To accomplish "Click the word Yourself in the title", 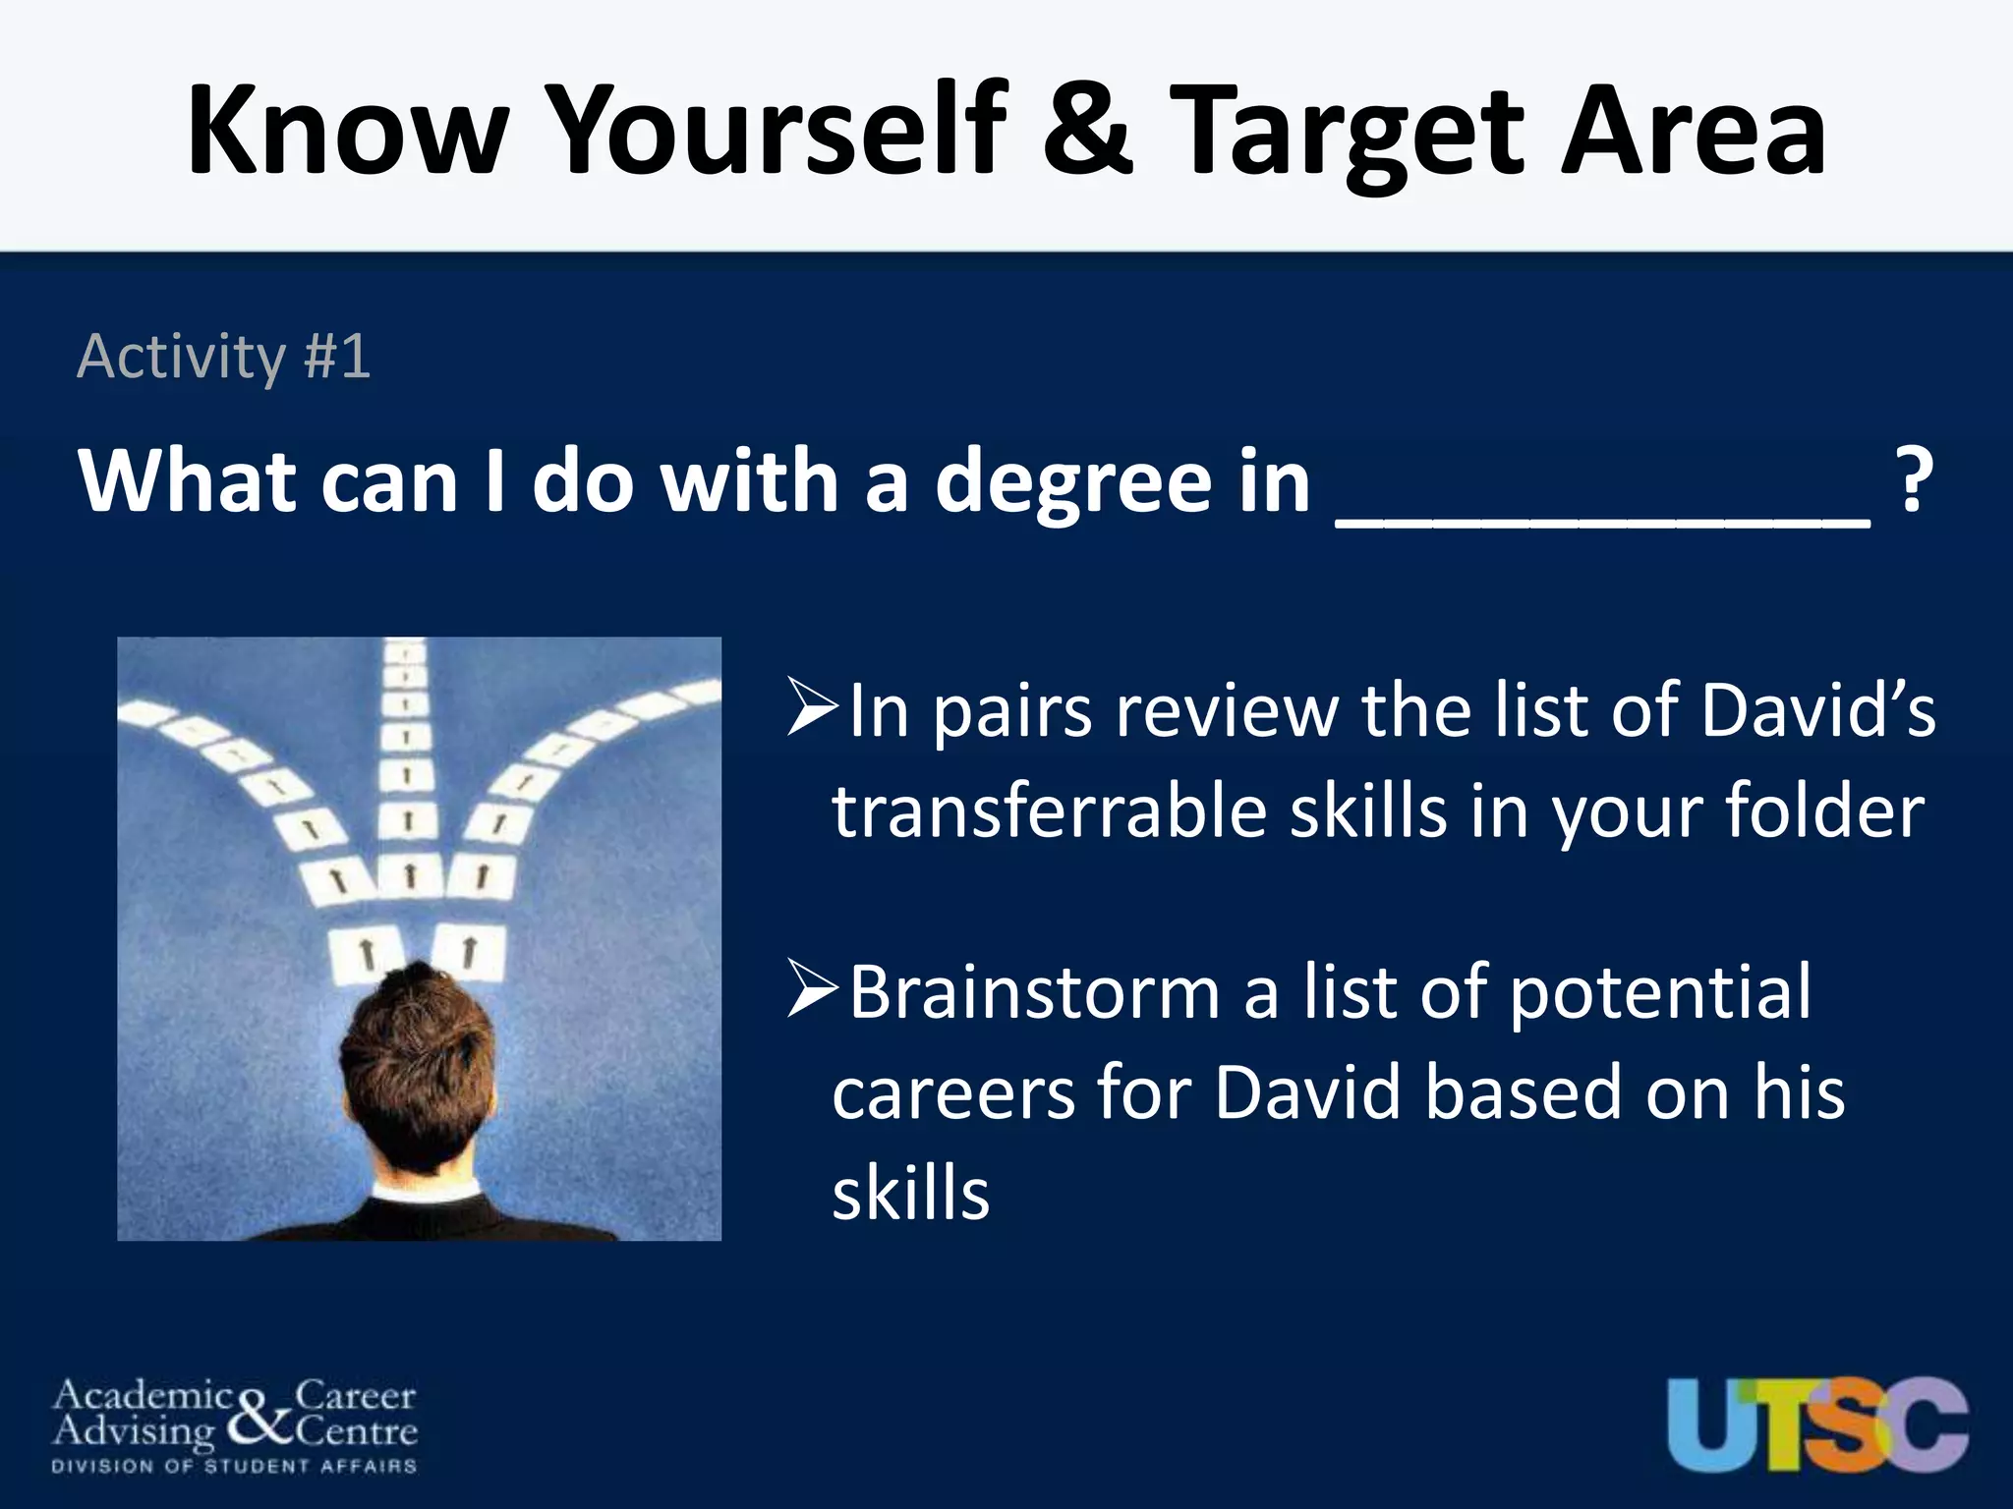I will pyautogui.click(x=776, y=133).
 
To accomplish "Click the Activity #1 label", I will pyautogui.click(x=224, y=356).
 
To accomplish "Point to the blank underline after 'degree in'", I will pyautogui.click(x=1602, y=521).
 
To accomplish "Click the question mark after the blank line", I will pyautogui.click(x=1912, y=481).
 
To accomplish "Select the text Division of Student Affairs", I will pyautogui.click(x=234, y=1467).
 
